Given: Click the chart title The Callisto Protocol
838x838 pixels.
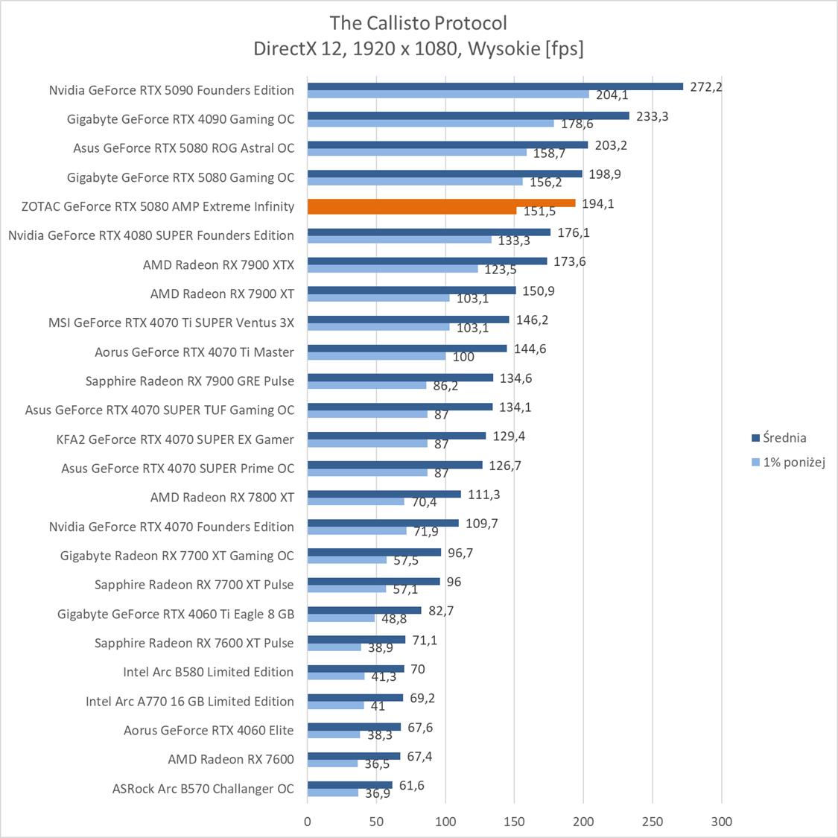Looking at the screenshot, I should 419,22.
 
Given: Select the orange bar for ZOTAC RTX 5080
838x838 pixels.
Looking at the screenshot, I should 441,203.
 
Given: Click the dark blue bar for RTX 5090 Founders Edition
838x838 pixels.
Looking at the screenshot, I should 495,86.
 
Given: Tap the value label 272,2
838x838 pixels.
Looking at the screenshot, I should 706,86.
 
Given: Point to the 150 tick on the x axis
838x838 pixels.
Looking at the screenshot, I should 514,822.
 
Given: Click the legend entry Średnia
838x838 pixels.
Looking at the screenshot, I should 784,438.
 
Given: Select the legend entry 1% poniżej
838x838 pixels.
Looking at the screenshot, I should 793,463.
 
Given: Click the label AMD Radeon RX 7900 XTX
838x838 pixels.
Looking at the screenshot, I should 218,264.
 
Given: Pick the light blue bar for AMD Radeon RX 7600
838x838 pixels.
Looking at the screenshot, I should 332,764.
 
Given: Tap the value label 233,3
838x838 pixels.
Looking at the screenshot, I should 653,115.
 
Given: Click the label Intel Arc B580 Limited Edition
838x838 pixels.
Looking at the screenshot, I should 209,672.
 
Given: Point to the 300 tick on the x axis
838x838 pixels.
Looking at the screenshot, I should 721,822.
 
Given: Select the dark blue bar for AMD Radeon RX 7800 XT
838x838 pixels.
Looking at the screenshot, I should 384,494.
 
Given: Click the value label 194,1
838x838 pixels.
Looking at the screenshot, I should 598,203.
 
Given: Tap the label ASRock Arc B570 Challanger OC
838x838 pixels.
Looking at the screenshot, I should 203,788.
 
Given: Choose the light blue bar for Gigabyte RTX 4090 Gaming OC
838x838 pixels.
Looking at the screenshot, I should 431,123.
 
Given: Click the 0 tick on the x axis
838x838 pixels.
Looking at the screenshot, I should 308,822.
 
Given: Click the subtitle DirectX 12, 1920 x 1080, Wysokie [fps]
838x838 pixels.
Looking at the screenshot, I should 419,48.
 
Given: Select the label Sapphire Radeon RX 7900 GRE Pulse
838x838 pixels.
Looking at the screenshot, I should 190,381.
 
